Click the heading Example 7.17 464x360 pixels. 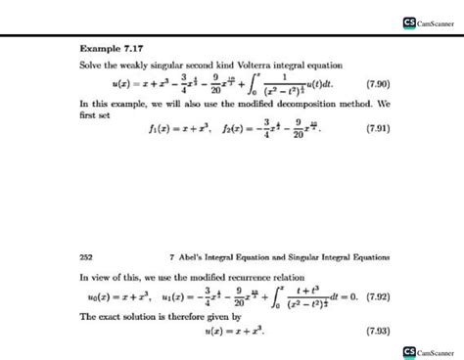click(108, 45)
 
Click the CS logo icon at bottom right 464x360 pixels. click(409, 350)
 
